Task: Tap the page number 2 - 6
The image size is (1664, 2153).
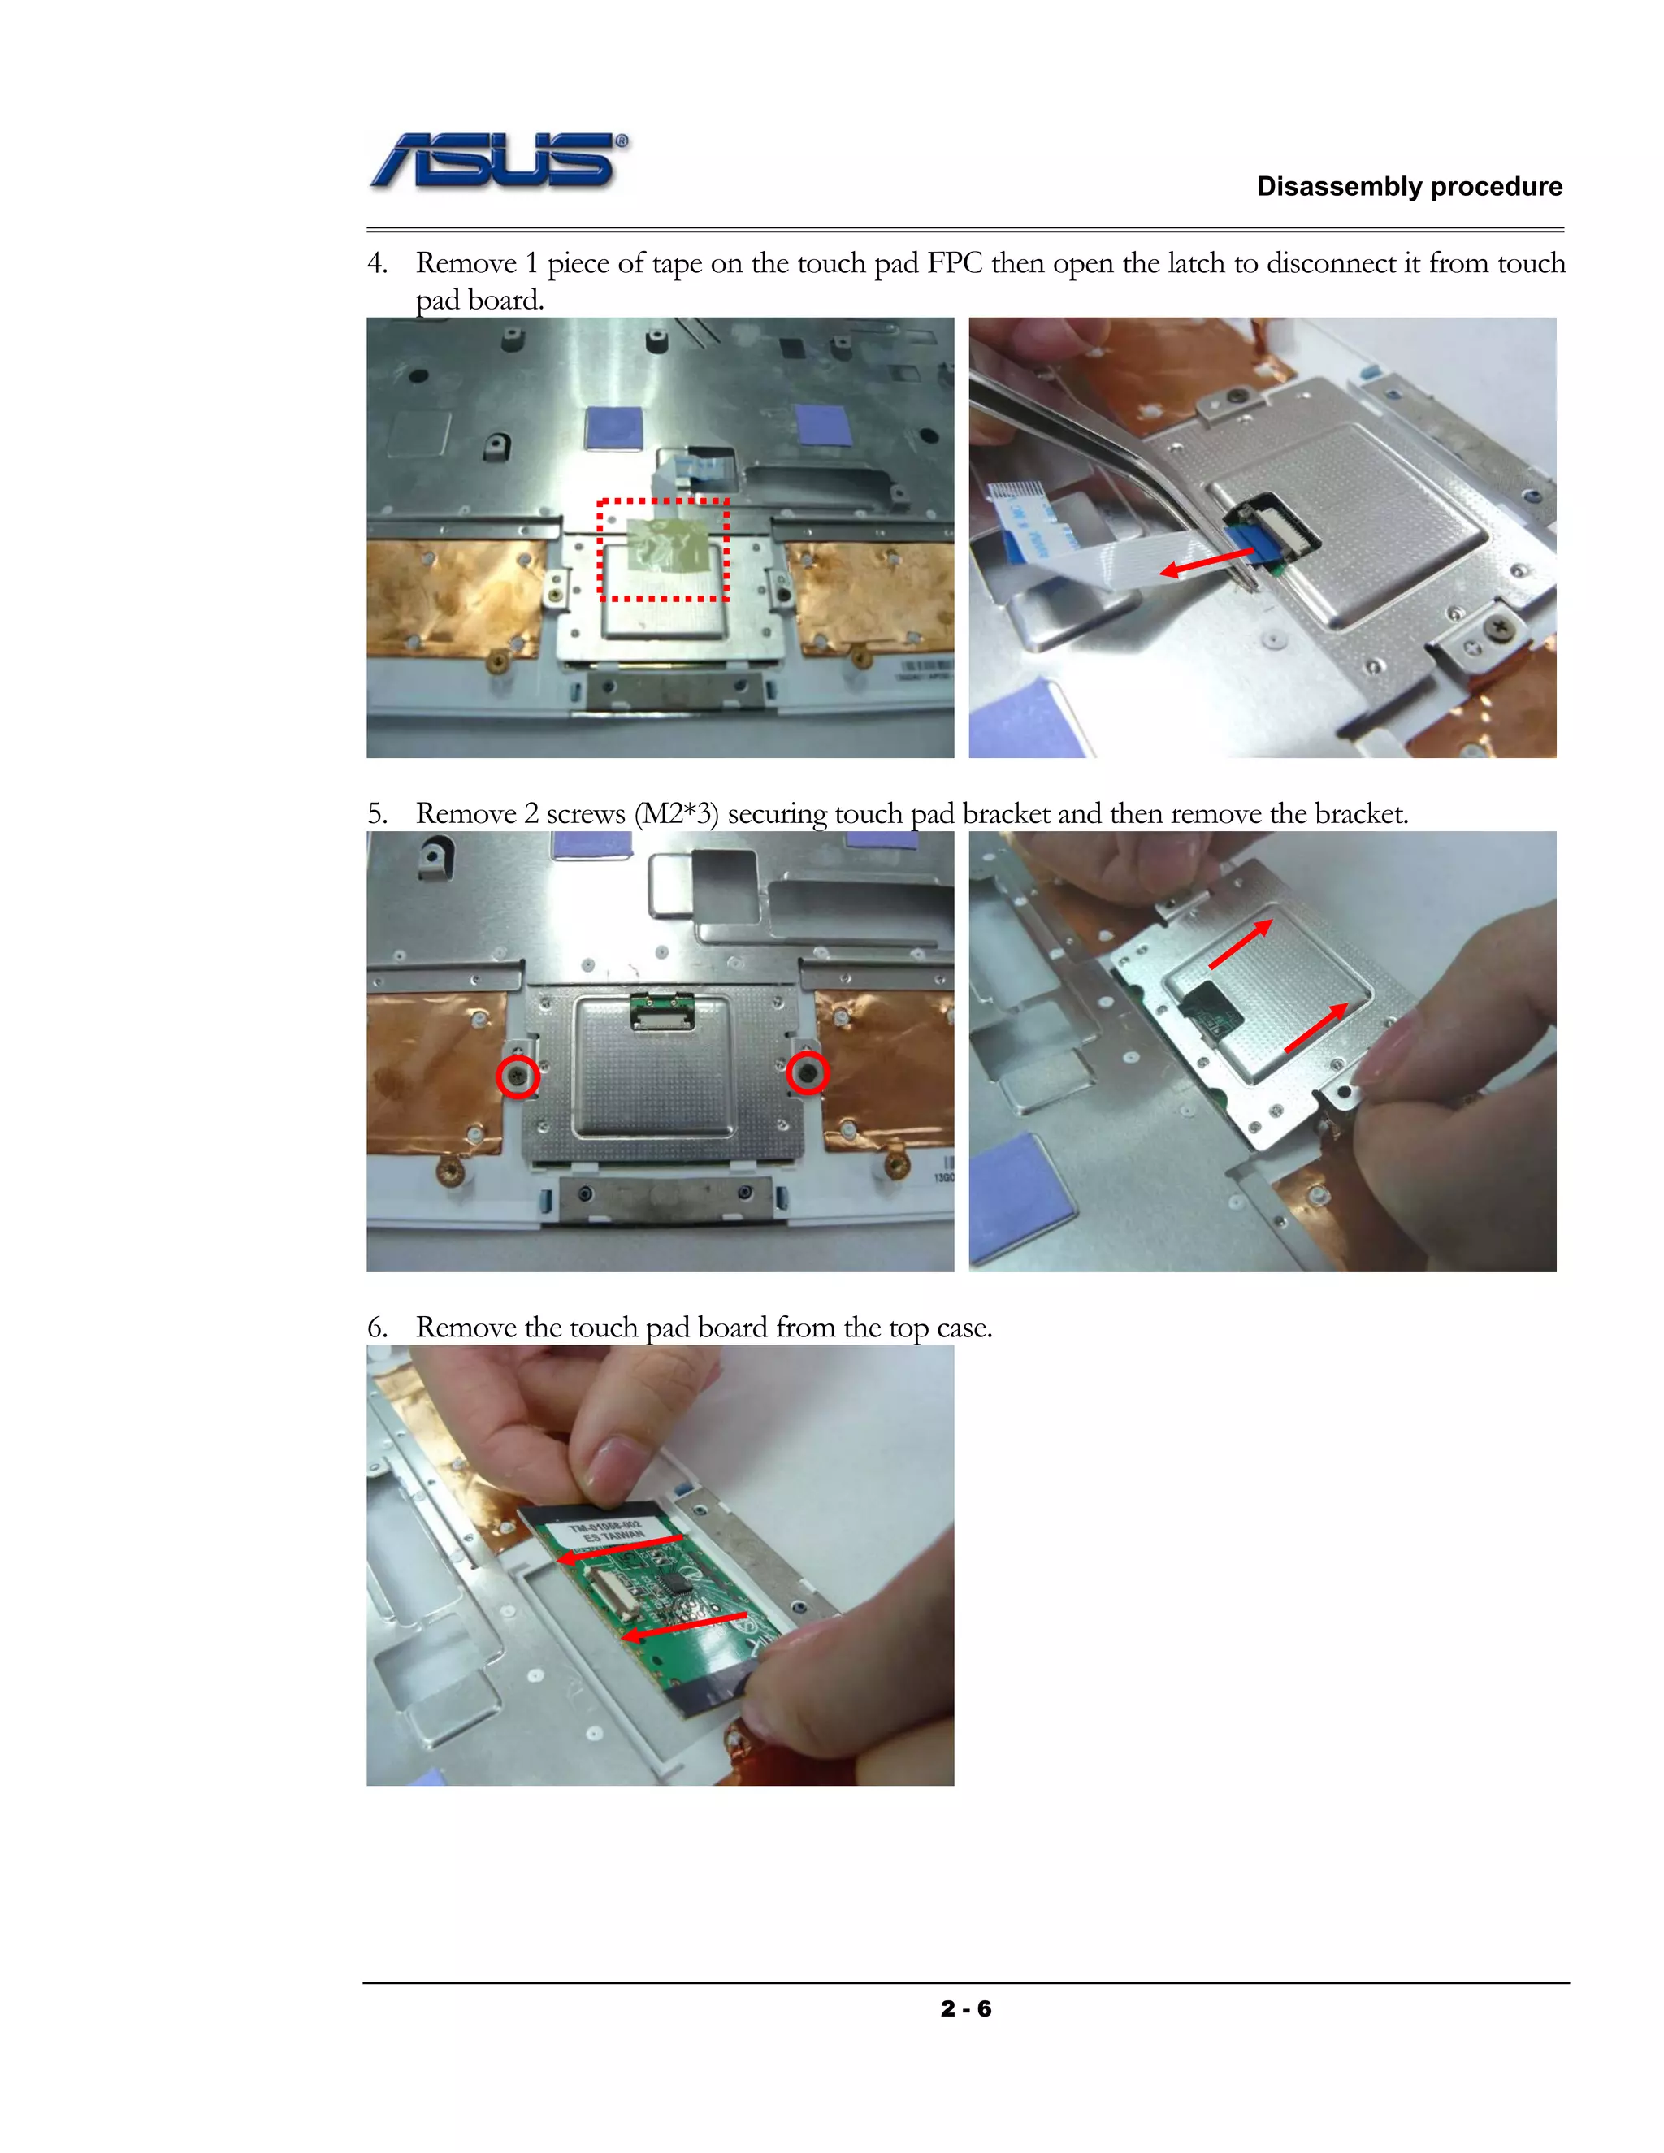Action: coord(965,2009)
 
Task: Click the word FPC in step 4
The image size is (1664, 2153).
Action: coord(953,263)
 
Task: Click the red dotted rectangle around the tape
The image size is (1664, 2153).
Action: coord(662,549)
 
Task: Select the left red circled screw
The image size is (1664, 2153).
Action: coord(518,1076)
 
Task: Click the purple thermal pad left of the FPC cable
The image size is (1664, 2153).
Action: coord(613,427)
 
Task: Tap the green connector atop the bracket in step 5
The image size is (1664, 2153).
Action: coord(662,1007)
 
